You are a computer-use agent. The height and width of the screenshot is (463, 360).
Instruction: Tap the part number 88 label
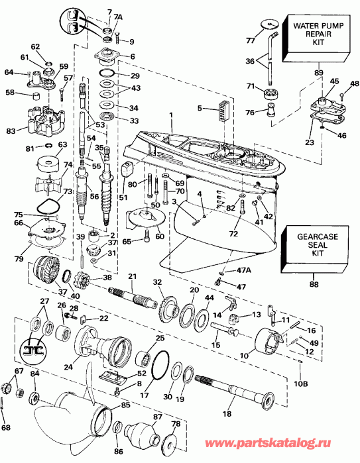tap(314, 283)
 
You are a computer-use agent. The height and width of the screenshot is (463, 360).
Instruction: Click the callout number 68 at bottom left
tap(6, 428)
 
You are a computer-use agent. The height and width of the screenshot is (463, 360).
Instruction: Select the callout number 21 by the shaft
tap(132, 276)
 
